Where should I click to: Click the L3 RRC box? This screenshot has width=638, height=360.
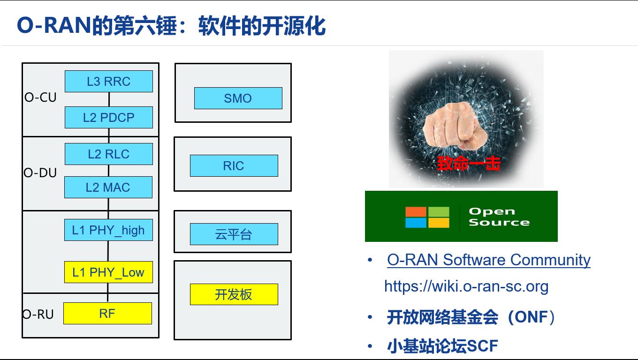(109, 81)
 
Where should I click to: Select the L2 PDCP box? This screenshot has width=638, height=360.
(109, 117)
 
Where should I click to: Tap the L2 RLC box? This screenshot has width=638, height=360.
(109, 154)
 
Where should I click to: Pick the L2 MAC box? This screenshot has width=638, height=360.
(108, 187)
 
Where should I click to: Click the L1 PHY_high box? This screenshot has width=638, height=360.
(109, 230)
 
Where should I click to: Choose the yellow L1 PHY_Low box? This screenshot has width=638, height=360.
(108, 272)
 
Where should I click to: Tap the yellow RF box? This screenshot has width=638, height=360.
(107, 313)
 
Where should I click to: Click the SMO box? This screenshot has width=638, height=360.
(238, 98)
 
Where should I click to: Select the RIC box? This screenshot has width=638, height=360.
(234, 165)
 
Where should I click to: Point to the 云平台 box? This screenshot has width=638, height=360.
(234, 234)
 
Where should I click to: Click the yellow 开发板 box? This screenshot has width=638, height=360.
(234, 294)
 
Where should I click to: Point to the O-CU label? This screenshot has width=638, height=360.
(40, 97)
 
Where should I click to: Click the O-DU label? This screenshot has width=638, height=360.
(40, 173)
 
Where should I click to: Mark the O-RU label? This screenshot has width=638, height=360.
(38, 314)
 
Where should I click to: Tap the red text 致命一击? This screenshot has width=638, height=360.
(469, 163)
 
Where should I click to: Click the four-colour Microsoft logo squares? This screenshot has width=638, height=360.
(427, 217)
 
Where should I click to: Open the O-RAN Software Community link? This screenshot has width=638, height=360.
(488, 260)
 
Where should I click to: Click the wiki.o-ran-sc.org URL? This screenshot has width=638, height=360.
(466, 286)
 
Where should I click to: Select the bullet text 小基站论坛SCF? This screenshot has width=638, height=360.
(442, 346)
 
